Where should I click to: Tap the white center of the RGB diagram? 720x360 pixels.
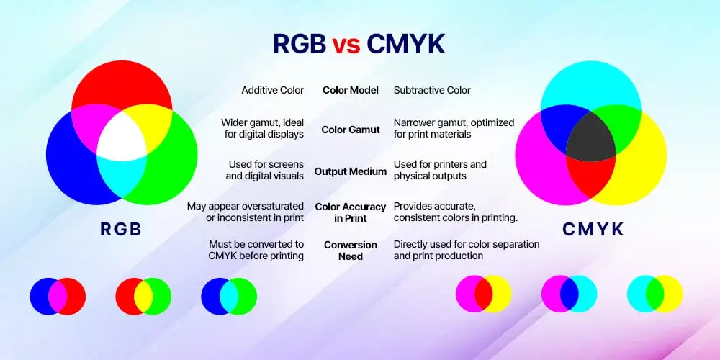122,138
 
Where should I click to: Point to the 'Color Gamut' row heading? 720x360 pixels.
350,130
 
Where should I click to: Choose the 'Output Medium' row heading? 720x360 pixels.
351,171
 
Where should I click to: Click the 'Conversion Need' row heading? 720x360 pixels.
351,251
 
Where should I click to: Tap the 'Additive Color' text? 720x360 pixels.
273,90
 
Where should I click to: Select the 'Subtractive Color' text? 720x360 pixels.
432,90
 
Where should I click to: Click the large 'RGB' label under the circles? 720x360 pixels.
121,230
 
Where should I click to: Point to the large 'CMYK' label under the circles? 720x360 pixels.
593,230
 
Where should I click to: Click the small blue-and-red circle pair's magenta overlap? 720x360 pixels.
58,296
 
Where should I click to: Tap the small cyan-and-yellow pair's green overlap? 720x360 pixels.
655,294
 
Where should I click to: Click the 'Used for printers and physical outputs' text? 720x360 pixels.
440,170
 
